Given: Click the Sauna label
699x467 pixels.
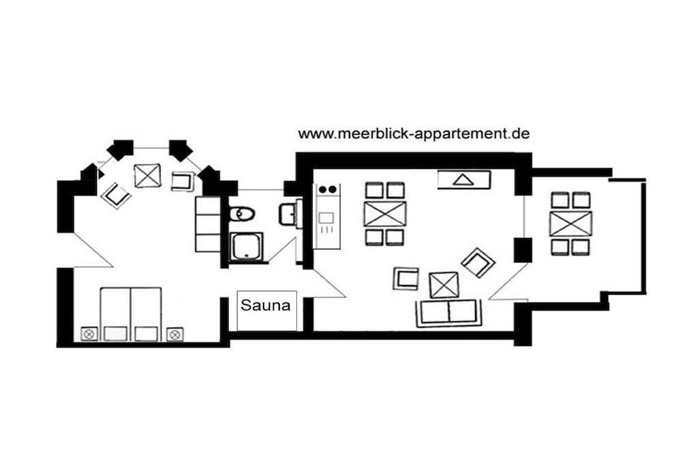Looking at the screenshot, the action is click(x=266, y=306).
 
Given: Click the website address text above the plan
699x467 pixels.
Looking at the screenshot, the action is click(x=414, y=133).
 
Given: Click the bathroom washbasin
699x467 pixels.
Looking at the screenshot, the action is click(x=289, y=213).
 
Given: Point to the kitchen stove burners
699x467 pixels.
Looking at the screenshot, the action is click(x=328, y=190).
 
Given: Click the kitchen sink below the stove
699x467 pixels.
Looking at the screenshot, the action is click(x=327, y=218).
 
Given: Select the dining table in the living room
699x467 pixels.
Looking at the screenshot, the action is click(x=385, y=214).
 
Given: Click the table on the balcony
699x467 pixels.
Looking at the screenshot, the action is click(x=571, y=224).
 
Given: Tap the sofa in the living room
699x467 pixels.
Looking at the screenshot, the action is click(x=449, y=312).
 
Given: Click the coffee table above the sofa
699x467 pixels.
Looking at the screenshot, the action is click(x=444, y=285).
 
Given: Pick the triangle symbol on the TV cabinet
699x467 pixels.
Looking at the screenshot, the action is click(x=462, y=180).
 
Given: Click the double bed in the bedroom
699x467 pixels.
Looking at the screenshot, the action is click(x=130, y=315).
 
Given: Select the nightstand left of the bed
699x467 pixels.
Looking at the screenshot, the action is click(x=89, y=334).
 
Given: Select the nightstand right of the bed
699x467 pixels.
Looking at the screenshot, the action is click(x=175, y=334).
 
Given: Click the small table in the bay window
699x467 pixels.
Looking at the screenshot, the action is click(x=147, y=175).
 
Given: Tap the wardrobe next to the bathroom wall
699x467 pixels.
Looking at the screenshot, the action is click(x=208, y=224).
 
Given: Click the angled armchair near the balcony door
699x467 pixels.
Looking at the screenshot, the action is click(x=479, y=263).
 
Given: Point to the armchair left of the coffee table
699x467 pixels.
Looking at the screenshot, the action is click(x=406, y=278).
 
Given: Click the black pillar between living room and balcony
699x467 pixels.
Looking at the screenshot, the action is click(x=523, y=250).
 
